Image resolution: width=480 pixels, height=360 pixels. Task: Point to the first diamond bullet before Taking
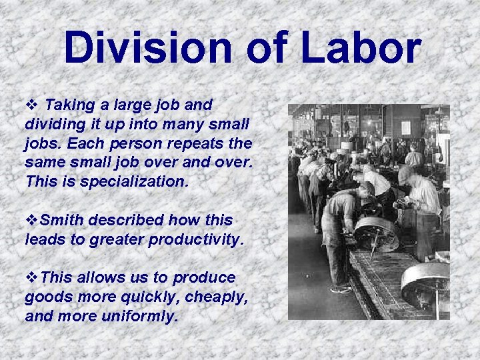pos(31,105)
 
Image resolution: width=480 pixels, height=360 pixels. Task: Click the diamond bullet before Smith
pos(30,220)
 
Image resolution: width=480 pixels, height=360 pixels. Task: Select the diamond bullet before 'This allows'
pos(30,277)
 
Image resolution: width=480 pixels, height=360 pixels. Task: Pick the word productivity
pos(197,239)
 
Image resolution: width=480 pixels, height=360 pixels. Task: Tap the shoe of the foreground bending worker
pos(340,289)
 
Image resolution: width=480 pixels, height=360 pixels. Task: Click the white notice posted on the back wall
pos(405,129)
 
